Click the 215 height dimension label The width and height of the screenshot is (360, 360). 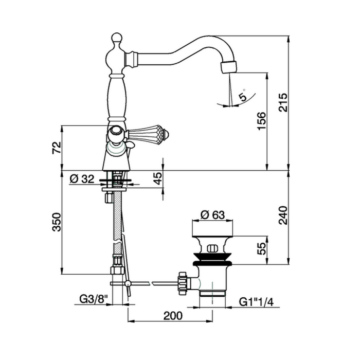(x=283, y=102)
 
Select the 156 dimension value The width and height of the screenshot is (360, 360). (x=262, y=121)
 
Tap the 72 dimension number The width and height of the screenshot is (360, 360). (x=57, y=148)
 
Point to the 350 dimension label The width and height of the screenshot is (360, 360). (x=57, y=222)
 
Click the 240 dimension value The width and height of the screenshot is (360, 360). (x=283, y=215)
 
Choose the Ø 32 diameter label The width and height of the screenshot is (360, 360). (x=82, y=178)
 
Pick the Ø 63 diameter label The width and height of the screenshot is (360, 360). (x=212, y=215)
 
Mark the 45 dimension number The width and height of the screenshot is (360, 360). (x=158, y=178)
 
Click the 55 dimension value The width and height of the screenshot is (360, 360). (x=261, y=248)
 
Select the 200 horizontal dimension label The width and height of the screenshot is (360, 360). (x=173, y=316)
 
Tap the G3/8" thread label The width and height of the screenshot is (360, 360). (x=94, y=299)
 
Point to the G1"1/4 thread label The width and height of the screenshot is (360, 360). (x=257, y=302)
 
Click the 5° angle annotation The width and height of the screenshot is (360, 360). (x=243, y=95)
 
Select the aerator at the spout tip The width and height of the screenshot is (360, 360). (x=229, y=67)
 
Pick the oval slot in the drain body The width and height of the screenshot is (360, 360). (x=212, y=248)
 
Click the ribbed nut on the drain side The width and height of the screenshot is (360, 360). (x=182, y=283)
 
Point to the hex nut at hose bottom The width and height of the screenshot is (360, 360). (x=117, y=270)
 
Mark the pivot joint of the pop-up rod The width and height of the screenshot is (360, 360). (x=128, y=284)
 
